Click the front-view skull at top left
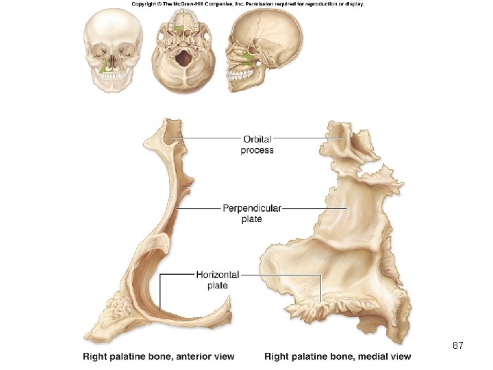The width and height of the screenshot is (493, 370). point(114,51)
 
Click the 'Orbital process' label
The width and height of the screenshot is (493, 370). point(257,145)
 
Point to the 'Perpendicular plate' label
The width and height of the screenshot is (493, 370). point(251,213)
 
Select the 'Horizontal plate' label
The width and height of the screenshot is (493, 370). point(217,280)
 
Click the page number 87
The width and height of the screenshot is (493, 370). point(458,346)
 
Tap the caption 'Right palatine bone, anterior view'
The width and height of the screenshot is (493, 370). point(159,356)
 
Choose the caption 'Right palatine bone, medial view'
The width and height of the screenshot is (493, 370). point(338,356)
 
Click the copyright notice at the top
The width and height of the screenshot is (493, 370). point(247,4)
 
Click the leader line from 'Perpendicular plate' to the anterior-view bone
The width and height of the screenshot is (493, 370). point(199,208)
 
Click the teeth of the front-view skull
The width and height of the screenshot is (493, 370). point(113,78)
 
